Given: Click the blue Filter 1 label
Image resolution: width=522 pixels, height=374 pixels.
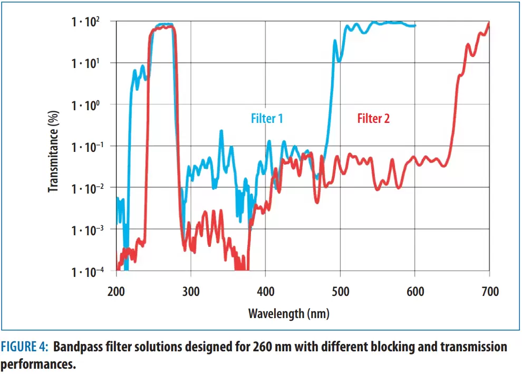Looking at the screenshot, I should pos(266,118).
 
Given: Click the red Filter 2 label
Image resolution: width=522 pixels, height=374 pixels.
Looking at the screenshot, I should pos(373,118).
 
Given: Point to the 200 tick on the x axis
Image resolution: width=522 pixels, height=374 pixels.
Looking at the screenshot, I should pos(116,291).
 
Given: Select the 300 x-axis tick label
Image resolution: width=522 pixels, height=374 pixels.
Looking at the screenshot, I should pos(190,291).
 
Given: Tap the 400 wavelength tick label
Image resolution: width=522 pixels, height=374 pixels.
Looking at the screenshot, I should pos(265,291).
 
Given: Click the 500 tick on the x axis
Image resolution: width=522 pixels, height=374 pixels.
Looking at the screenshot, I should pos(340,291).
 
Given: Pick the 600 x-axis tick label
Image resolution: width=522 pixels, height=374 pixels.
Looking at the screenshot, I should pos(415,291).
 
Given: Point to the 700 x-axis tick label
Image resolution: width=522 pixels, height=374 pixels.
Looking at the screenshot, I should pos(490,291).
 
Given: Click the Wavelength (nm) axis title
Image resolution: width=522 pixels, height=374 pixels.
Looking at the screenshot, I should pos(288,313).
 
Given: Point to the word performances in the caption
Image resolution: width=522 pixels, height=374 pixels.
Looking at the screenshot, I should pos(37,365).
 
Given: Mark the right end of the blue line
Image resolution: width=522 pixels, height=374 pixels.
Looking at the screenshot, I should pos(415,25).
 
